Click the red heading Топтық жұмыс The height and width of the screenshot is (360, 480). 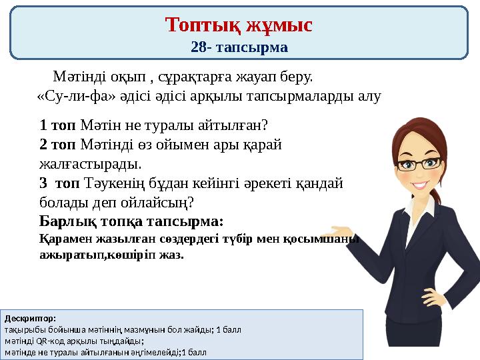(x=239, y=25)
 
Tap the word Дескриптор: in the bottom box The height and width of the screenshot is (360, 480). (x=31, y=319)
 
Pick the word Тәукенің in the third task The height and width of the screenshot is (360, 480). (x=108, y=183)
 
